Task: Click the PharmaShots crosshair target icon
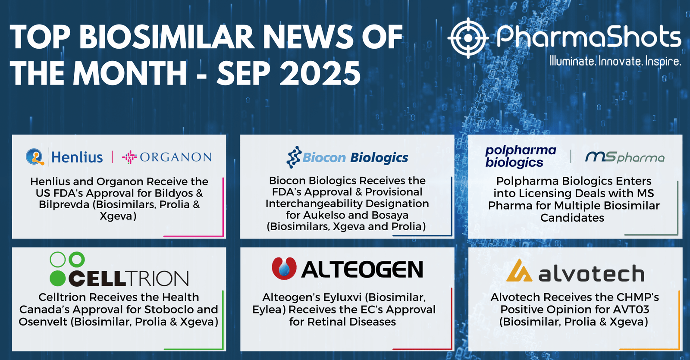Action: (x=468, y=38)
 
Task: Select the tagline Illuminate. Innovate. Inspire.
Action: (x=615, y=61)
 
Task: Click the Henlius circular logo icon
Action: (x=35, y=157)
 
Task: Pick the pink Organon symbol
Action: (x=129, y=157)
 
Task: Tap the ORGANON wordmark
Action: (x=176, y=157)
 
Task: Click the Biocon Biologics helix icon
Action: (x=294, y=157)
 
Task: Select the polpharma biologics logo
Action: (x=521, y=157)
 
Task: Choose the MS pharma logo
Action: (x=625, y=157)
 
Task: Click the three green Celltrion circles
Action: (x=67, y=269)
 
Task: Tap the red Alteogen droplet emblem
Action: (x=284, y=268)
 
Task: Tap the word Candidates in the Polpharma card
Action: (x=572, y=218)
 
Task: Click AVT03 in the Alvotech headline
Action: (x=631, y=309)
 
